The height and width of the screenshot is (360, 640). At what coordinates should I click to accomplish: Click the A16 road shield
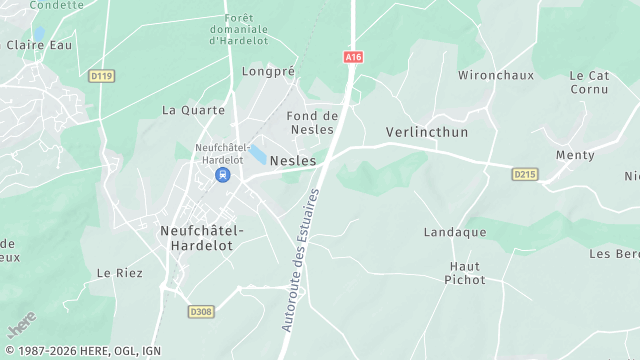(352, 57)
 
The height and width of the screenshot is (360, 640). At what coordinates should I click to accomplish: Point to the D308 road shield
(201, 312)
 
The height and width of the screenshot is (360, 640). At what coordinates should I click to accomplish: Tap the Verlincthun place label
(427, 132)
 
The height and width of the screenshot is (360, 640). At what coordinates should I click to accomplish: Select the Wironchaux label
(492, 75)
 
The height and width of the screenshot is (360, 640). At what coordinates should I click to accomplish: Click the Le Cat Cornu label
(589, 82)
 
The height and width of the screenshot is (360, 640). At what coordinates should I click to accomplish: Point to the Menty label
(575, 155)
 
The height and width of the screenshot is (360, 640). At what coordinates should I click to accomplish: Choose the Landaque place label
(455, 232)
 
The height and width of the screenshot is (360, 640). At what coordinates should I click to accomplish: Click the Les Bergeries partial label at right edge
(614, 253)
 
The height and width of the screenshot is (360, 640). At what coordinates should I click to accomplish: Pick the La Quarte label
(187, 110)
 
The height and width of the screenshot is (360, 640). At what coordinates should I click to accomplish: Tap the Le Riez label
(119, 273)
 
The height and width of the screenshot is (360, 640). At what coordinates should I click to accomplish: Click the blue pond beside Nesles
(259, 155)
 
